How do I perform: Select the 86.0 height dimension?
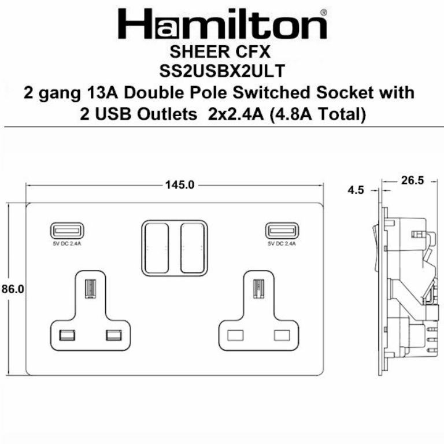[x=12, y=290]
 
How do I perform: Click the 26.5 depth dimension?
[x=412, y=181]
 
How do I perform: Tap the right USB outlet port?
[x=282, y=231]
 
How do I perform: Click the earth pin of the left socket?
[x=90, y=289]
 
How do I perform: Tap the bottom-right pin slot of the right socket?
[x=282, y=335]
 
